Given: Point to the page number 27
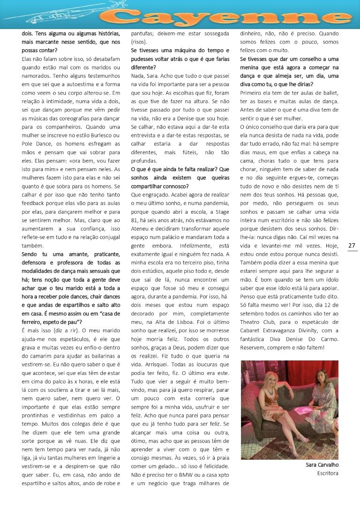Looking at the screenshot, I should [x=352, y=246].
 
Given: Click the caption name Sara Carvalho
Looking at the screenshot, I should [x=322, y=464].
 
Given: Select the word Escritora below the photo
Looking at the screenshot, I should [x=328, y=473].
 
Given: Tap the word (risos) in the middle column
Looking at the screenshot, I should [x=139, y=42].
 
